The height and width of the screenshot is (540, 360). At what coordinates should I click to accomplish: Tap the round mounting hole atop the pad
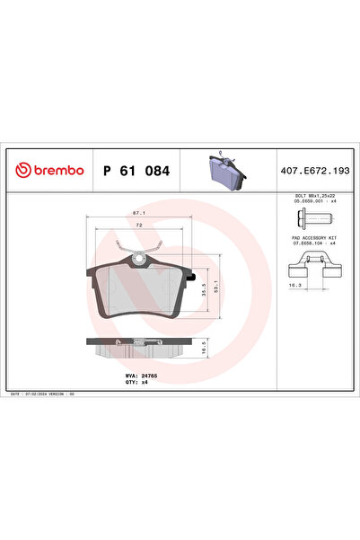coord(138,261)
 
